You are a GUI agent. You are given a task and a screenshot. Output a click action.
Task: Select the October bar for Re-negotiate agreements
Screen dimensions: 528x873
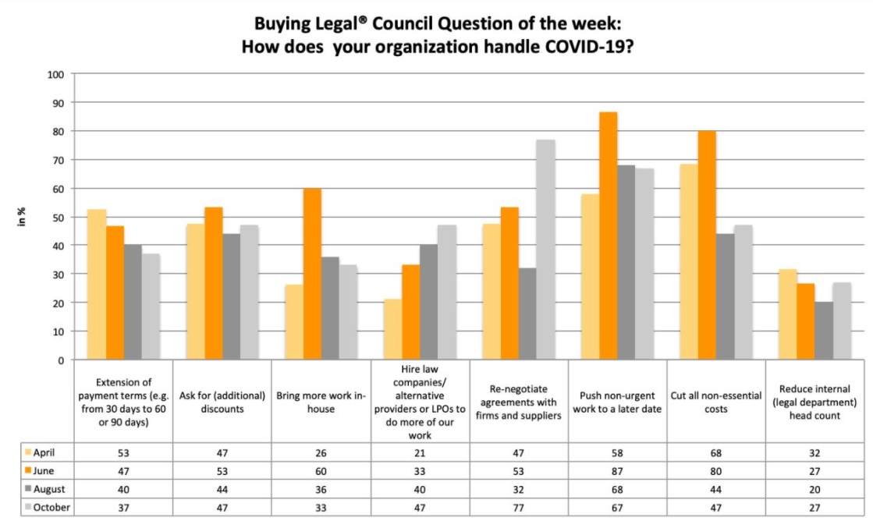(x=546, y=250)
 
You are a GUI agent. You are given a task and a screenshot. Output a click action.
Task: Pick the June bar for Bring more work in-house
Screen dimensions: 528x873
(x=312, y=274)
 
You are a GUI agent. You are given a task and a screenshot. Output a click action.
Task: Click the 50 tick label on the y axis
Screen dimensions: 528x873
(x=56, y=218)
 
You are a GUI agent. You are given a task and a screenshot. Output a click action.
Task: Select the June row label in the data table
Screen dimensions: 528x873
(x=50, y=470)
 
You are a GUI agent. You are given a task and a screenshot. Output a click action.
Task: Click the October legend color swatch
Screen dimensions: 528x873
(x=29, y=509)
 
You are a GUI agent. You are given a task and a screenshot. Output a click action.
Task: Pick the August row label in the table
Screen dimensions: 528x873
(x=54, y=489)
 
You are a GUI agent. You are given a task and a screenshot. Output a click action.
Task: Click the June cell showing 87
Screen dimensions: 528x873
(x=617, y=470)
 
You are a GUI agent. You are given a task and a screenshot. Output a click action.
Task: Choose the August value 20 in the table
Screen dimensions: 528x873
(x=814, y=489)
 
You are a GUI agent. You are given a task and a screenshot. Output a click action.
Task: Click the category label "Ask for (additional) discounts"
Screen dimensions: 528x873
(x=222, y=402)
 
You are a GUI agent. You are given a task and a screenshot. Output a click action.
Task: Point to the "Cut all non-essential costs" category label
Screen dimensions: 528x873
(x=715, y=402)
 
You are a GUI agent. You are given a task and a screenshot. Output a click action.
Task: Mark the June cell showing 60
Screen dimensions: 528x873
(x=321, y=470)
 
